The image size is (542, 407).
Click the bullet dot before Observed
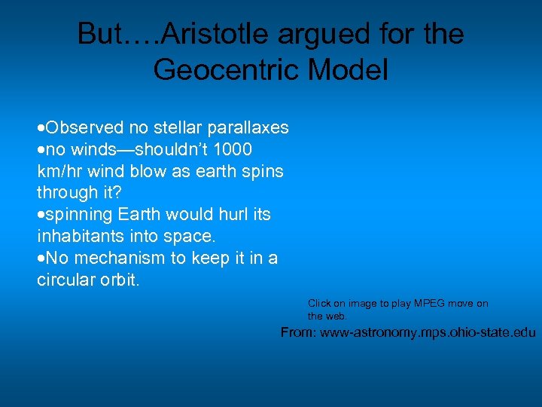pos(41,128)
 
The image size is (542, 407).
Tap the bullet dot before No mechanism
pos(41,259)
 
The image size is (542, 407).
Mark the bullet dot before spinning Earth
pos(41,215)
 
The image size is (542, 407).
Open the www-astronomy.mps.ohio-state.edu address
pos(428,332)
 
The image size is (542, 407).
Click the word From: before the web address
pos(299,332)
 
